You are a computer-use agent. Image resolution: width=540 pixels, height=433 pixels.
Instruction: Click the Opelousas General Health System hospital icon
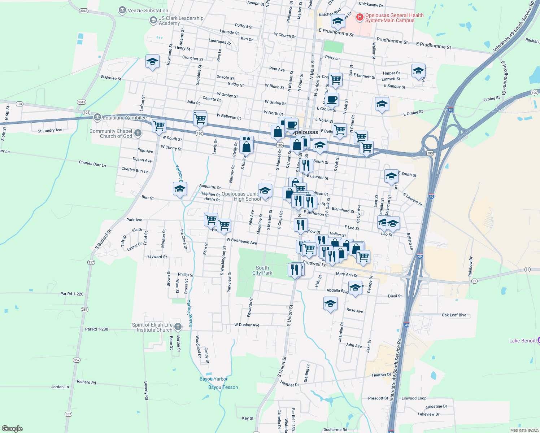(360, 17)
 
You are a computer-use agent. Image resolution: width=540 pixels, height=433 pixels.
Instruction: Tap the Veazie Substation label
(148, 10)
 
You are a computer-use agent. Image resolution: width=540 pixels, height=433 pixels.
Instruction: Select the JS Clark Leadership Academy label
(181, 21)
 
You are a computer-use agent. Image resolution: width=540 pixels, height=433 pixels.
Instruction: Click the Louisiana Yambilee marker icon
(97, 117)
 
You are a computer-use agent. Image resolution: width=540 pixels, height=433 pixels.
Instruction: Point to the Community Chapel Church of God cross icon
(138, 134)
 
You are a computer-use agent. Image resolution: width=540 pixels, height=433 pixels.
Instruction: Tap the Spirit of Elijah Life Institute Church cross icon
(178, 327)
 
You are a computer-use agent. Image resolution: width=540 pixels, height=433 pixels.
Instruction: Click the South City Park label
(262, 270)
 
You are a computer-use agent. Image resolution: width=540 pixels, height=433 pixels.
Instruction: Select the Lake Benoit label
(522, 341)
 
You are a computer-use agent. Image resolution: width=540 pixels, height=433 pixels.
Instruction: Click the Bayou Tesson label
(223, 387)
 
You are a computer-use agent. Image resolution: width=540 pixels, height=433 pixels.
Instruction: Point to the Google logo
(12, 429)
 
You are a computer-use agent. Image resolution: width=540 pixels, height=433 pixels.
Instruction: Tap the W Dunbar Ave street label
(247, 325)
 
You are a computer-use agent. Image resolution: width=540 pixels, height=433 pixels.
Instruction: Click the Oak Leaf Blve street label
(454, 315)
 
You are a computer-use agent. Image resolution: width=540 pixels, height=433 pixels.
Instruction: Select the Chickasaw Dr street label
(371, 5)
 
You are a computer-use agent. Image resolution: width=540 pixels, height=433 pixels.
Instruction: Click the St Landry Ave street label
(50, 130)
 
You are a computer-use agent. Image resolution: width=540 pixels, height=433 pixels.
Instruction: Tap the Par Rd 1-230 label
(96, 329)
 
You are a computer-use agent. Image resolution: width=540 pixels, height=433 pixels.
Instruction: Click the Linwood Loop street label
(414, 398)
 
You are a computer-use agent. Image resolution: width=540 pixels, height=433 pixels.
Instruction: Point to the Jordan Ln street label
(60, 387)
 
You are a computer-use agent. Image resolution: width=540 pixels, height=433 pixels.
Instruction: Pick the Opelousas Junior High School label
(241, 196)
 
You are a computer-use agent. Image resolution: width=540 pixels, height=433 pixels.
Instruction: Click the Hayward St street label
(156, 257)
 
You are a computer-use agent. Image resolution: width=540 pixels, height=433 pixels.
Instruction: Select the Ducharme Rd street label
(335, 430)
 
